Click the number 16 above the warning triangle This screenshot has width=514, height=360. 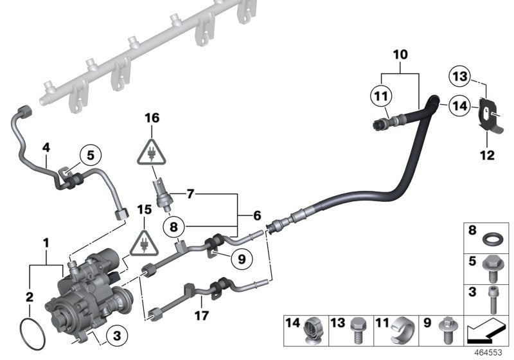coord(151,118)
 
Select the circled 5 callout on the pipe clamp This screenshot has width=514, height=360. coord(89,154)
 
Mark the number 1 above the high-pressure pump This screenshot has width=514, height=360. coord(46,244)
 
